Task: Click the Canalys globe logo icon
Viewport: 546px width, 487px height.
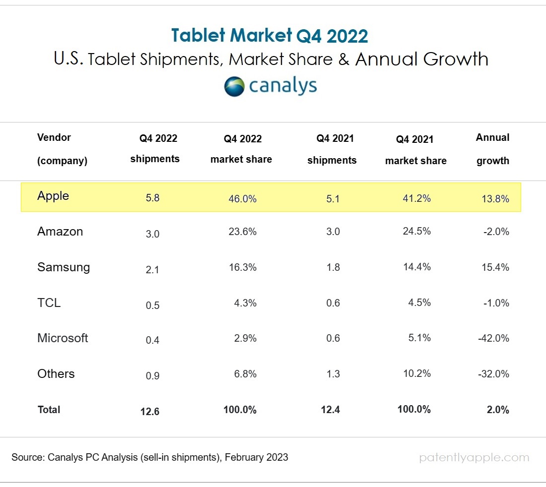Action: tap(234, 86)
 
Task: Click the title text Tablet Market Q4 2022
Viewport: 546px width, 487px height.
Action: tap(270, 36)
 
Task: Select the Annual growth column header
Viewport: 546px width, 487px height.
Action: tap(493, 149)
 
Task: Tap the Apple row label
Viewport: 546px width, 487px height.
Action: tap(53, 196)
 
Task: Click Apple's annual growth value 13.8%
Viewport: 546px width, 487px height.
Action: tap(496, 198)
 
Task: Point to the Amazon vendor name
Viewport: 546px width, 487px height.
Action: tap(60, 232)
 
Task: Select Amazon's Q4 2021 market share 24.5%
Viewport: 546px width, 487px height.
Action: tap(417, 232)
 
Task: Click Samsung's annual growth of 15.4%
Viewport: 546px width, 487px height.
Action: tap(496, 267)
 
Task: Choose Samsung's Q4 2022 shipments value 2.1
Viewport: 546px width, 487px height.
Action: tap(152, 269)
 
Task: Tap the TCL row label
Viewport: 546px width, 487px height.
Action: tap(49, 303)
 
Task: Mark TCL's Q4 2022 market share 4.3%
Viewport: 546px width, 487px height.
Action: tap(245, 303)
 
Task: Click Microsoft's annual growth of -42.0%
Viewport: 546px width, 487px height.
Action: tap(493, 338)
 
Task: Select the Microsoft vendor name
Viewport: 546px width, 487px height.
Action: tap(63, 338)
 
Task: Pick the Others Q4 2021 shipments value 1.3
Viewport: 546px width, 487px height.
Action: tap(333, 374)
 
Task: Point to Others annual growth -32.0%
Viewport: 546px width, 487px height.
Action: tap(493, 374)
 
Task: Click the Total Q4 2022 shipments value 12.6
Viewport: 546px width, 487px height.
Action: tap(150, 411)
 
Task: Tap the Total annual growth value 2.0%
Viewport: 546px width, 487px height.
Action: tap(498, 410)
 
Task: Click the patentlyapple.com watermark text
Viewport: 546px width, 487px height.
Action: tap(474, 458)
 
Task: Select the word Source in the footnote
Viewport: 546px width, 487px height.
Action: tap(28, 457)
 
